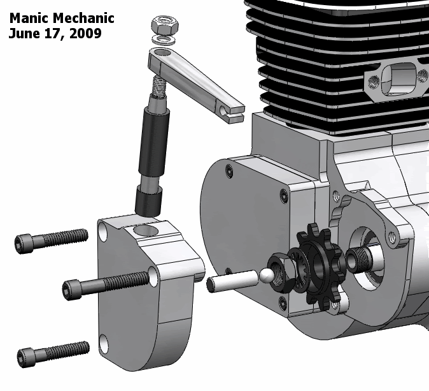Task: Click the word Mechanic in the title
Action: (x=83, y=18)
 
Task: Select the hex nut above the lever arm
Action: (x=165, y=25)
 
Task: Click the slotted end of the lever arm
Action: (x=232, y=112)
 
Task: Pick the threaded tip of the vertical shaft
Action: (x=158, y=86)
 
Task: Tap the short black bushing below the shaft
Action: (x=148, y=202)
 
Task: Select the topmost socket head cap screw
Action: (x=52, y=240)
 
